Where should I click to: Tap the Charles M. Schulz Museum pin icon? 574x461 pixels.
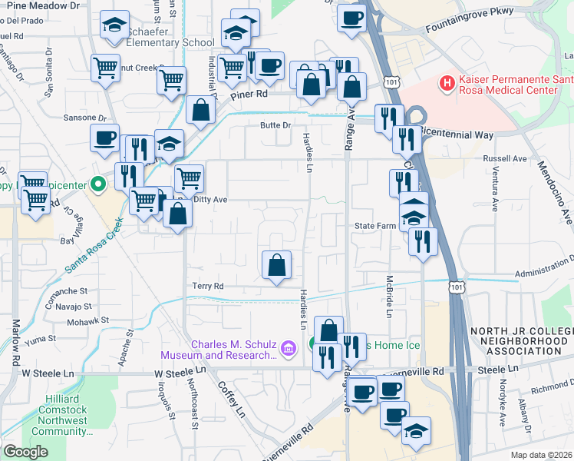pos(289,350)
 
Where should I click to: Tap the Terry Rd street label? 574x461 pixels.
pos(207,285)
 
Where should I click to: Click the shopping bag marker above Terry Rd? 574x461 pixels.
pos(276,265)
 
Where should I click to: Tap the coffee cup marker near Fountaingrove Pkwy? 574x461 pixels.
pos(352,18)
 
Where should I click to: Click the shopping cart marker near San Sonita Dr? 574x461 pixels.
pos(105,67)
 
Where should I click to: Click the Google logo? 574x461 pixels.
pos(25,452)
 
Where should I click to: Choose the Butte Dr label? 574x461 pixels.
pos(276,125)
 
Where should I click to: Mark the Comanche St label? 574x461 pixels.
pos(68,291)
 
